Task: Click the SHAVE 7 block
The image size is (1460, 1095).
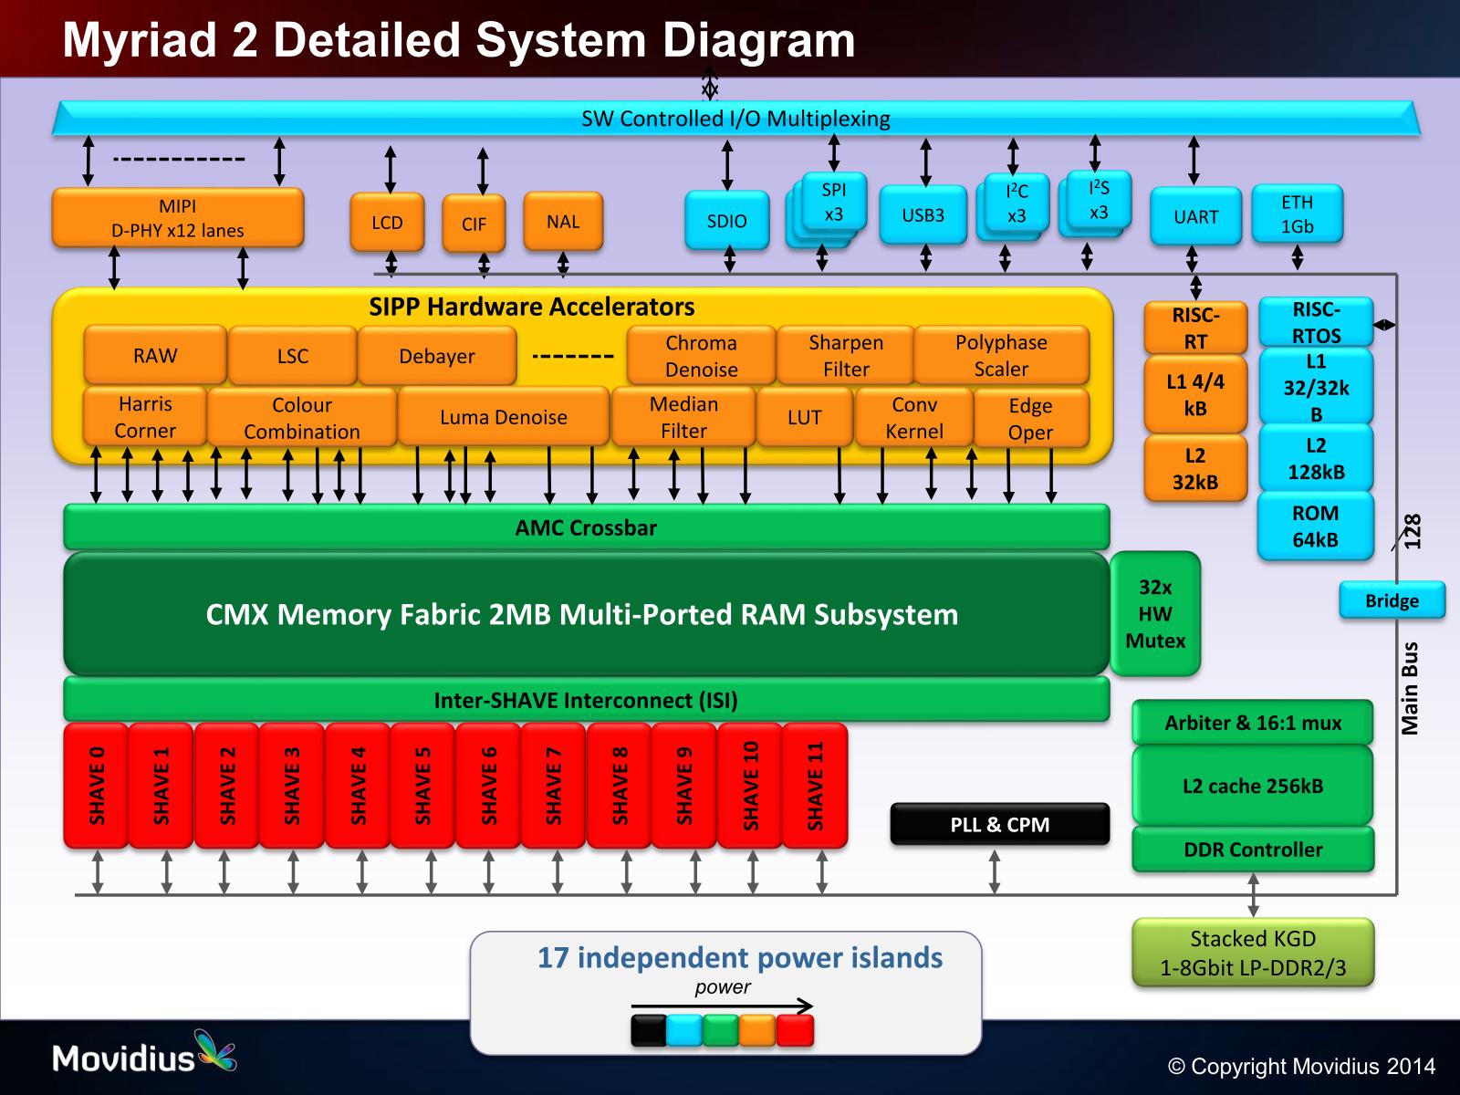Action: (x=553, y=786)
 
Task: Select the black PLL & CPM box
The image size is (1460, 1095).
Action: (x=999, y=824)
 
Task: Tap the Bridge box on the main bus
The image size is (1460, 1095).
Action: (x=1392, y=600)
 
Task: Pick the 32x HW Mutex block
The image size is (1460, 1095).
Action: (x=1155, y=614)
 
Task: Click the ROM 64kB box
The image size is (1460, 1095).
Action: (x=1315, y=527)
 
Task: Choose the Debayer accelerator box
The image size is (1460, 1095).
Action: (x=436, y=356)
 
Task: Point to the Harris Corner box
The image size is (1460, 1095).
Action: (x=145, y=417)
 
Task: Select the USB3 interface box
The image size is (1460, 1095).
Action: (x=923, y=215)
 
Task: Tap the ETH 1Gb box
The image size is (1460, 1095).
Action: (x=1297, y=214)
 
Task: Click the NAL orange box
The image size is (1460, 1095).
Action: (x=563, y=221)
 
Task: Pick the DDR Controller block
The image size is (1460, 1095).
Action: (x=1253, y=850)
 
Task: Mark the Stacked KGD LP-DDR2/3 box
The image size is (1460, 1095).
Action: (x=1253, y=953)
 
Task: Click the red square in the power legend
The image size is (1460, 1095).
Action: (x=794, y=1030)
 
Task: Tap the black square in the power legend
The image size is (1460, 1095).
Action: (x=649, y=1030)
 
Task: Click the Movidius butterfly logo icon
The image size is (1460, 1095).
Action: (x=215, y=1050)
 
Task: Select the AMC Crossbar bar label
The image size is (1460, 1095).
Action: (x=586, y=527)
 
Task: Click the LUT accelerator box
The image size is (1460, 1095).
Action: (x=804, y=418)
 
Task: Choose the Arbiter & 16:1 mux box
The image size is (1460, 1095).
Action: (x=1253, y=723)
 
